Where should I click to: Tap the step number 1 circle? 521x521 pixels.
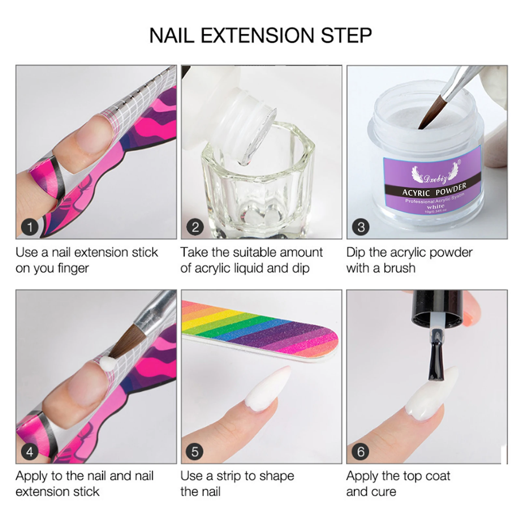[x=30, y=227]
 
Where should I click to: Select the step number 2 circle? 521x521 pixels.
[x=195, y=227]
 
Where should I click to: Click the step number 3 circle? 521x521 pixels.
[x=361, y=227]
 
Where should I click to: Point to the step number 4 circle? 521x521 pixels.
[x=30, y=452]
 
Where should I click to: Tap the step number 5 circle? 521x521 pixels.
[x=195, y=452]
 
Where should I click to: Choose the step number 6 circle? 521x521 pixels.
[x=361, y=452]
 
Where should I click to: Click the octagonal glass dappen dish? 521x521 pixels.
[x=257, y=182]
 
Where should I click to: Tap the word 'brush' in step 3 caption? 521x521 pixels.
[x=399, y=268]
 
